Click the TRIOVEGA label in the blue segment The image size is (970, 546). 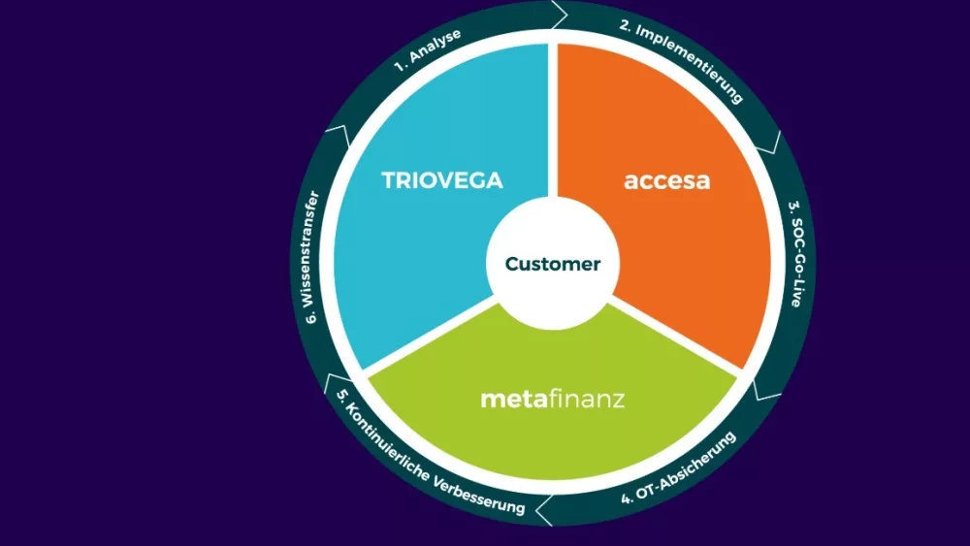[x=441, y=180]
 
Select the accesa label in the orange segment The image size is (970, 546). [x=667, y=180]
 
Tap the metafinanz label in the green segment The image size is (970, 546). [x=553, y=399]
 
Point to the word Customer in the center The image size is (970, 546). [x=553, y=264]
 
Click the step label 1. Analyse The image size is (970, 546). [x=428, y=50]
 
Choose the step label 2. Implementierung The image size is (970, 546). [x=682, y=61]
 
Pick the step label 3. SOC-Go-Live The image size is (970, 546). [x=796, y=253]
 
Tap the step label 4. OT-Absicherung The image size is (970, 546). [x=679, y=468]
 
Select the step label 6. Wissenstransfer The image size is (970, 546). [x=312, y=257]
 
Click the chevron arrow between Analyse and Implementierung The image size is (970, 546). [x=560, y=15]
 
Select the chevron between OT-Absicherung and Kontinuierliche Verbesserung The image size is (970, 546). [x=544, y=510]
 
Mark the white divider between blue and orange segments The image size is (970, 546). [x=553, y=120]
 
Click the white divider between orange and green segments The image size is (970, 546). [x=675, y=337]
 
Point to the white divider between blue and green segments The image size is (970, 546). [x=431, y=337]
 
